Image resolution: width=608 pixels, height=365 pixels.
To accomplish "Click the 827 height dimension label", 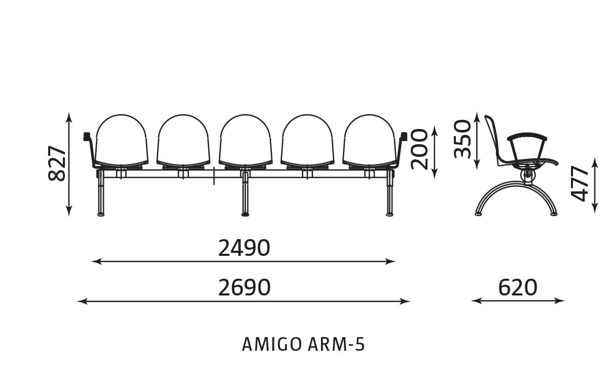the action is [x=57, y=163].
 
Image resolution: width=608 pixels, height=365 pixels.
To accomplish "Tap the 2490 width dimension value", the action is [x=244, y=248].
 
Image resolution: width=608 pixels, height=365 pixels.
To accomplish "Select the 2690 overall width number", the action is [x=244, y=288].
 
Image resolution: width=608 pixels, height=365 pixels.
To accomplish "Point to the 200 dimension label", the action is [x=419, y=150].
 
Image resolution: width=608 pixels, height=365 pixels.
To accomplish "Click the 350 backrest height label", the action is [x=462, y=139].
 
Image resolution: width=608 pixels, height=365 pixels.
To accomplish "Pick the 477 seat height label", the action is [x=580, y=184].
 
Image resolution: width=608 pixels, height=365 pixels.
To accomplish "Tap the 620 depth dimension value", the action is [x=518, y=288].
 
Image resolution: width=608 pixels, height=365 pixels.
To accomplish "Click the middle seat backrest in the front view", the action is [x=245, y=140].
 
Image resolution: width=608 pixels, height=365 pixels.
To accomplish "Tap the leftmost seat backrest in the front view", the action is [x=121, y=140].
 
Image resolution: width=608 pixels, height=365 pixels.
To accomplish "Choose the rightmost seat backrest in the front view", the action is [x=369, y=140].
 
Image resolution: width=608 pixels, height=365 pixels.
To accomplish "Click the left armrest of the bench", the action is [x=90, y=149].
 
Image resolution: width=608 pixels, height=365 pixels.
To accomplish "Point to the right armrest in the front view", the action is [x=401, y=149].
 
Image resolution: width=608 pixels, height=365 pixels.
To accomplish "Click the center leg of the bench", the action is [x=245, y=194].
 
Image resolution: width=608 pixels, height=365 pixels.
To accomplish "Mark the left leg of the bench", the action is [x=101, y=194].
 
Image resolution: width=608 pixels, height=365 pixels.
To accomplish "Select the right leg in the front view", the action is [x=389, y=194].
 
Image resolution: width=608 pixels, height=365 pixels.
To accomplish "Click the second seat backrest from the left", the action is [x=184, y=140].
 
